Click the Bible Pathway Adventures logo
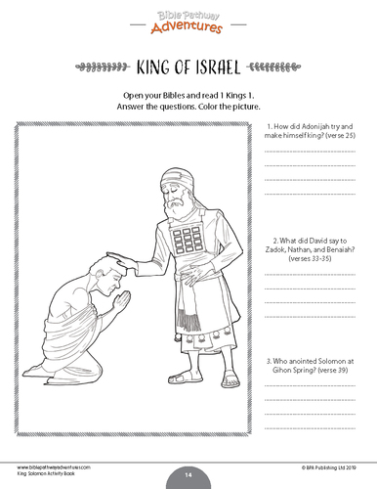click(188, 21)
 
